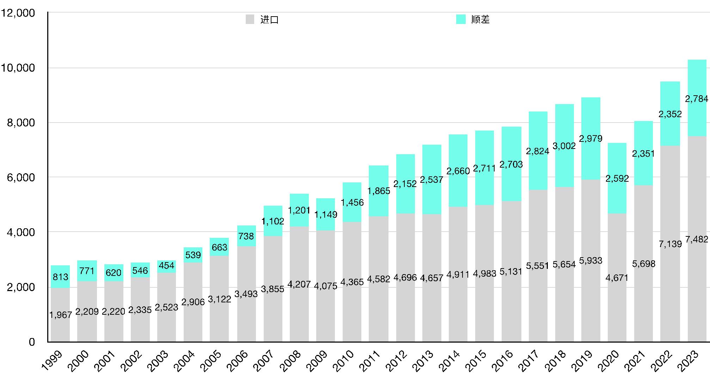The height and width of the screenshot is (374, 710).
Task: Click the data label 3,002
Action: [564, 146]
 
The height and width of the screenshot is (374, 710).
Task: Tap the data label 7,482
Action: [697, 239]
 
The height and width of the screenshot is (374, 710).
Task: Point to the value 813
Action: [60, 277]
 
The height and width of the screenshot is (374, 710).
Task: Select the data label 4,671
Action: [617, 278]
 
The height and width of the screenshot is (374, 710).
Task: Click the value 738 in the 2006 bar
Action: [246, 236]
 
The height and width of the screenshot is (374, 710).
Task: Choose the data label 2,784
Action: [697, 99]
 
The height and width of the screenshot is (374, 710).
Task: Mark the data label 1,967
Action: [61, 315]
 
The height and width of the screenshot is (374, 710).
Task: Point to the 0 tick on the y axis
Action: [32, 342]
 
